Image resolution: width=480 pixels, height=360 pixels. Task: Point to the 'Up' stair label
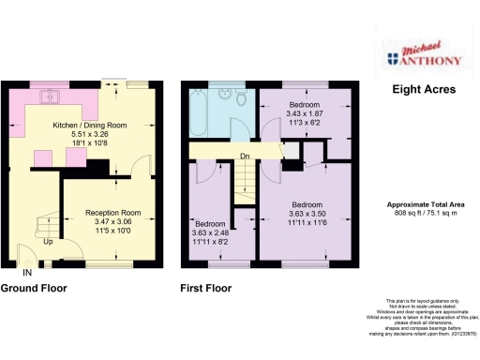[49, 241]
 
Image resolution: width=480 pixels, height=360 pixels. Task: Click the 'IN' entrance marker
[27, 271]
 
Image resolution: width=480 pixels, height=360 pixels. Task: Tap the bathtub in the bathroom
[199, 115]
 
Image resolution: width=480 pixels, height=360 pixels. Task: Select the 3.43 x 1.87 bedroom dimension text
[305, 112]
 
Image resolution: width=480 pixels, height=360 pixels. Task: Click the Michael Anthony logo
[423, 58]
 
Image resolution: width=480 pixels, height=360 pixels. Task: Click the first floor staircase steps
[245, 183]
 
